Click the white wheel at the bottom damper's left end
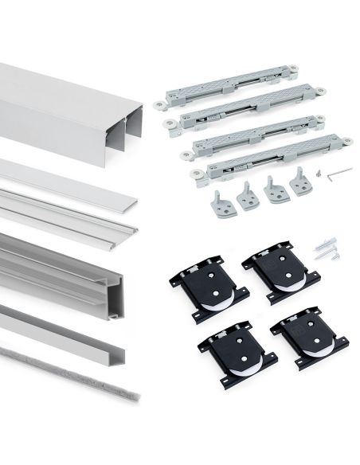click(195, 173)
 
